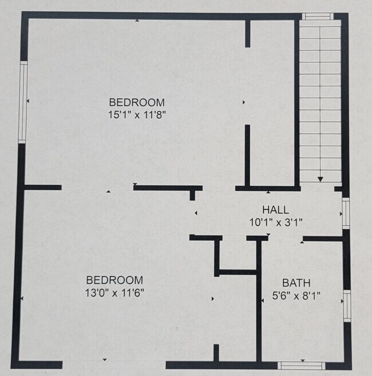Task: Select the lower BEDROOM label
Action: pos(114,280)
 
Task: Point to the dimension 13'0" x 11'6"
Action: pos(114,292)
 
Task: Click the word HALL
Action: pos(275,210)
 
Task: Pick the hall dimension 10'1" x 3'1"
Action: pos(275,222)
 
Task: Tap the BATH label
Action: pos(296,283)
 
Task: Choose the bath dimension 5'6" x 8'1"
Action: pos(296,296)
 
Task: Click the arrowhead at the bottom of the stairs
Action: pos(320,179)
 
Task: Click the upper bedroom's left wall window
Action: pos(23,102)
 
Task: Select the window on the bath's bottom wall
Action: pos(301,365)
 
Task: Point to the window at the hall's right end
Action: pos(346,213)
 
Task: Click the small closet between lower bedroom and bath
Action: pos(238,253)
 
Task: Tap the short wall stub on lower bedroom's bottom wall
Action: pos(216,353)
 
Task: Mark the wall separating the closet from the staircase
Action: pos(298,100)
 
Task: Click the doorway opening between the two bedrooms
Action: pos(97,188)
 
